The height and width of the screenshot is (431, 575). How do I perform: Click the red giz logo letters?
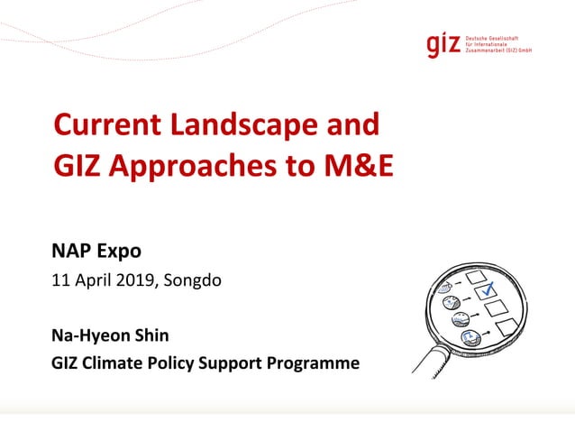(x=444, y=44)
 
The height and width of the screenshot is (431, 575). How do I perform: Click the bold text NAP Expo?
(x=96, y=251)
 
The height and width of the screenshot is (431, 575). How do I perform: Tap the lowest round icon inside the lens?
(x=470, y=339)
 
